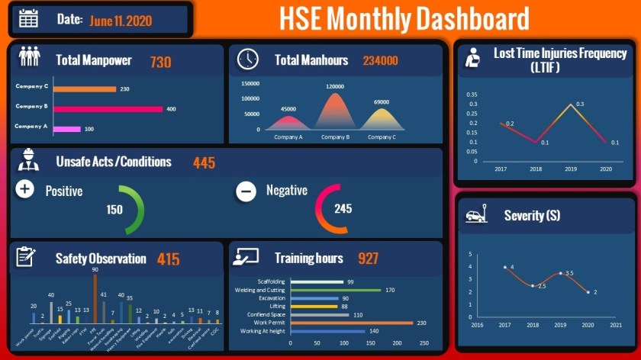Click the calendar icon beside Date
(x=28, y=19)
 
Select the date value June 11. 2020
(x=121, y=21)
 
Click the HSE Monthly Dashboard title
(x=404, y=18)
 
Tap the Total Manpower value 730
(x=160, y=62)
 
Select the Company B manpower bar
(x=108, y=108)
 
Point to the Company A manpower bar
(x=66, y=129)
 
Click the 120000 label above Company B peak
(x=335, y=87)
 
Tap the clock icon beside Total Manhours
(x=247, y=59)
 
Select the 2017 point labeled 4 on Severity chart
(x=504, y=267)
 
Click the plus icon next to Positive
(x=24, y=189)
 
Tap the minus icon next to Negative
(x=246, y=191)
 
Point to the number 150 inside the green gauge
(x=114, y=210)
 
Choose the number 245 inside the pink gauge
(x=343, y=208)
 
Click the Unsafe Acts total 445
(x=204, y=162)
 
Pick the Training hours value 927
(x=368, y=259)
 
